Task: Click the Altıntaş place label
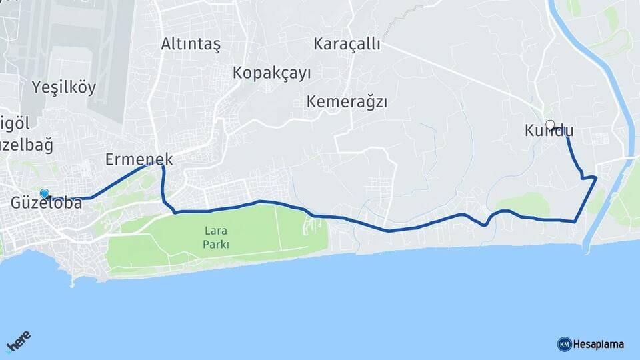point(191,44)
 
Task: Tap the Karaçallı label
point(347,44)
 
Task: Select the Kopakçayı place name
point(272,73)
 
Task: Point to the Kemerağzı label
point(347,102)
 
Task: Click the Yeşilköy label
point(64,87)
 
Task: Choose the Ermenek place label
point(139,159)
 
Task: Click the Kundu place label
point(549,132)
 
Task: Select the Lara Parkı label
point(217,237)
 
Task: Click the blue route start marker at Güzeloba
point(45,194)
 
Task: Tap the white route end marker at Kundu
point(550,124)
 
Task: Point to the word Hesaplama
point(598,344)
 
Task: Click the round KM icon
point(564,344)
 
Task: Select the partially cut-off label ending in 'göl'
point(14,123)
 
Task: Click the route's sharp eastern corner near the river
point(595,178)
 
